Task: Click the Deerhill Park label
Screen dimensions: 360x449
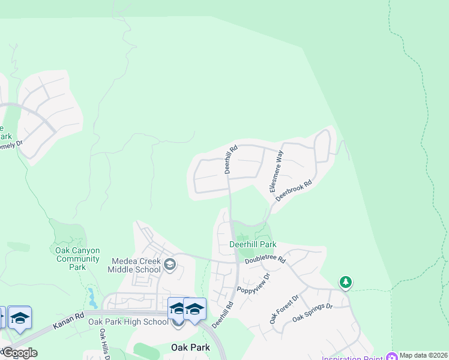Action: tap(253, 245)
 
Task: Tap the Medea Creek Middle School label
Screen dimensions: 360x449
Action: tap(137, 265)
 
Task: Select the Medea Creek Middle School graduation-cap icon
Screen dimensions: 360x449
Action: tap(170, 264)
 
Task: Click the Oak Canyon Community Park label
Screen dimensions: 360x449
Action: tap(77, 259)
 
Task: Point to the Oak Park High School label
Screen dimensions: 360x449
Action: tap(128, 322)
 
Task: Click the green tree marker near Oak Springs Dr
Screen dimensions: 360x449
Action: tap(345, 281)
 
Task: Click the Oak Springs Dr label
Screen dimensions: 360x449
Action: tap(312, 314)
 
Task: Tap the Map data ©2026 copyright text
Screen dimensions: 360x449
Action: tap(423, 355)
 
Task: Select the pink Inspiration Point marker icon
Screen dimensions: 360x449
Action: tap(393, 356)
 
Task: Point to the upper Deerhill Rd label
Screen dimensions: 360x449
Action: tap(232, 159)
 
